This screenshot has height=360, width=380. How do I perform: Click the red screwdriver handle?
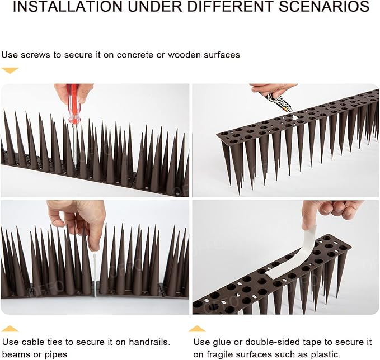(73, 104)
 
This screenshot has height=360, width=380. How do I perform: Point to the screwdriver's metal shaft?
(74, 140)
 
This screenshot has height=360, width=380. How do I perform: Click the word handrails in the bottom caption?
(149, 342)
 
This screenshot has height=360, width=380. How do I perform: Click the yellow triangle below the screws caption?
(10, 70)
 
